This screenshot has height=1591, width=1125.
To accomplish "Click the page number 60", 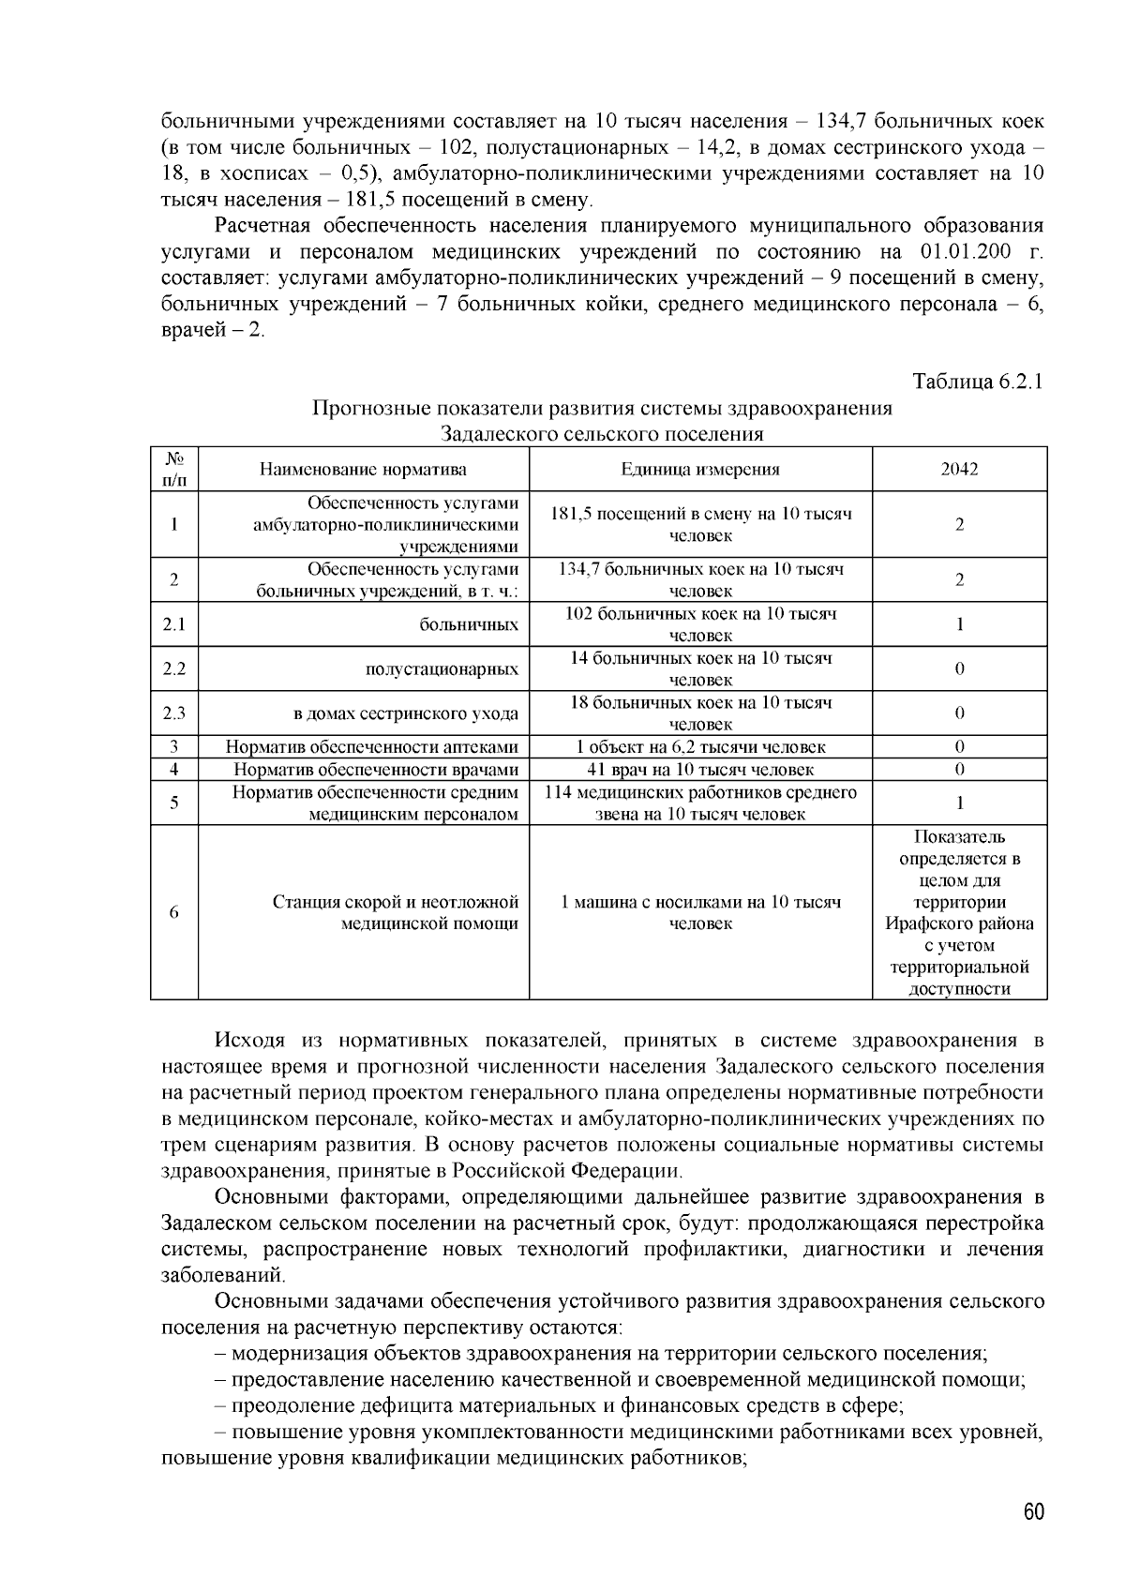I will pos(1033,1512).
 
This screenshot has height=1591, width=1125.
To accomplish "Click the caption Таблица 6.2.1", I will pos(978,382).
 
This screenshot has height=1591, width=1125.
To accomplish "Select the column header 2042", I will pos(959,470).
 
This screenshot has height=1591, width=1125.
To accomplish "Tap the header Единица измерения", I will pos(700,470).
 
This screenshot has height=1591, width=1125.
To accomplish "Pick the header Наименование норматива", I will pos(363,470).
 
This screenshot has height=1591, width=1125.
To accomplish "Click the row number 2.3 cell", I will pos(173,713).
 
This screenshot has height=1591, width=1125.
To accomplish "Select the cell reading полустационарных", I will pos(442,669).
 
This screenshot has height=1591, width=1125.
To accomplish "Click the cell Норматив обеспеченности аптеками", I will pos(372,747).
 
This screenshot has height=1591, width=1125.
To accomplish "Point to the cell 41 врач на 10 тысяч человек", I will pos(700,770).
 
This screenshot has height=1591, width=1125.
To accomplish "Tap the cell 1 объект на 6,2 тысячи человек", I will pos(700,747).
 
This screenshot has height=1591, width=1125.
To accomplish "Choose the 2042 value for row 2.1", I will pos(959,624).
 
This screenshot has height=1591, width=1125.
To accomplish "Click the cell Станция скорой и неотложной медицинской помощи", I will pos(396,912).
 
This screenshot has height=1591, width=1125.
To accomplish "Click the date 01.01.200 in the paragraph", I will pos(957,252).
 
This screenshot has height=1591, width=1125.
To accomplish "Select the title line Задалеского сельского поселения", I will pos(601,434).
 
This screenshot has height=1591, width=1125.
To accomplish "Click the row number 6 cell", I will pos(173,912).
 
